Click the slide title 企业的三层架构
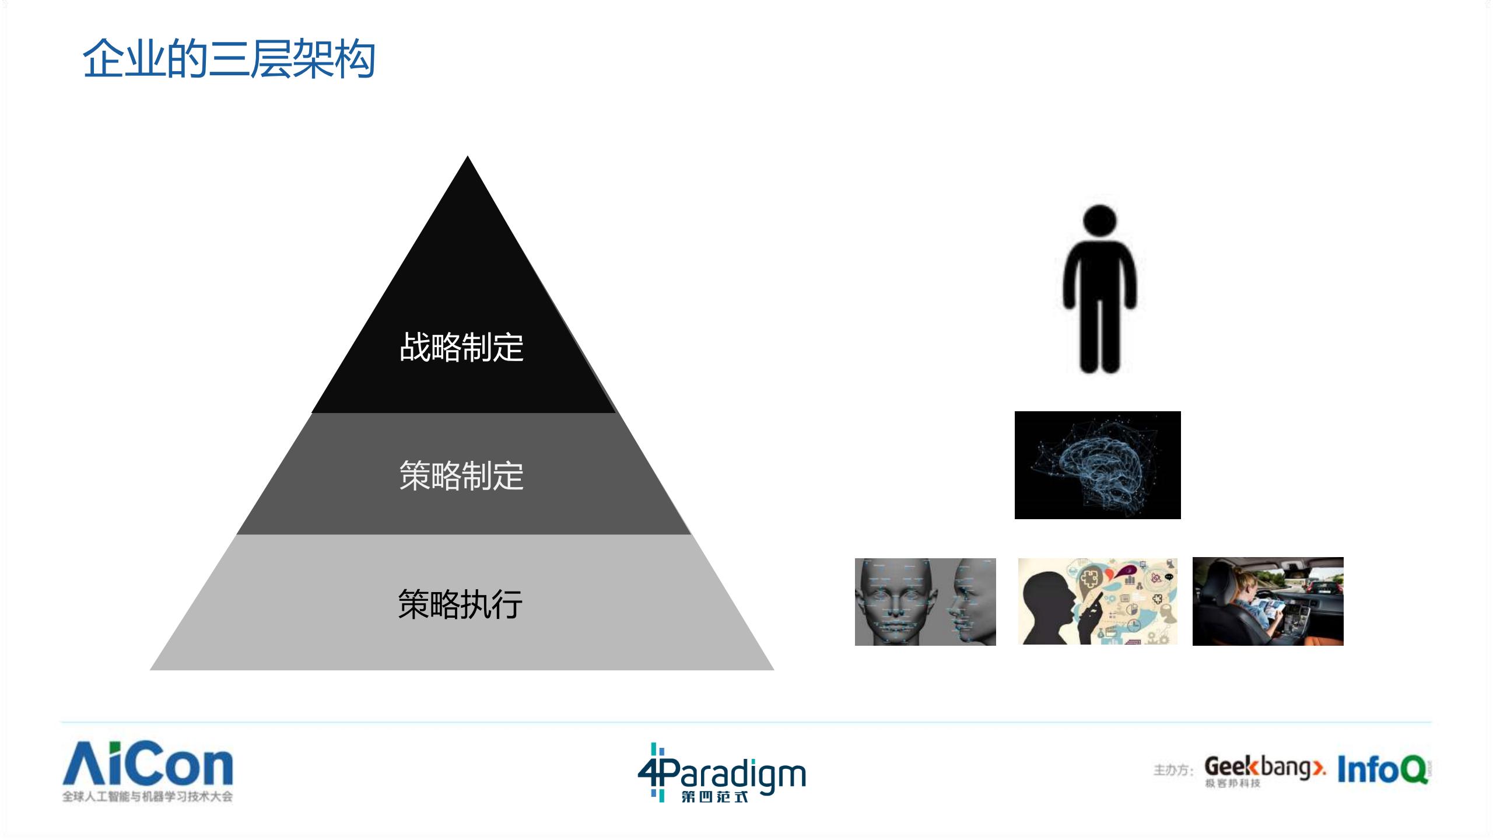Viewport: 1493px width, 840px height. (229, 60)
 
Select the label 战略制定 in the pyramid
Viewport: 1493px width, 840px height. (461, 348)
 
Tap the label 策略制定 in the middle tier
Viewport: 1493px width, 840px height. (461, 475)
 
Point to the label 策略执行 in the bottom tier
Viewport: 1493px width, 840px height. (460, 604)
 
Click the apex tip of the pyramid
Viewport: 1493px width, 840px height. (467, 159)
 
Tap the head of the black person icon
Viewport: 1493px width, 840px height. (1099, 222)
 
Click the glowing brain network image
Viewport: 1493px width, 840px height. (1098, 465)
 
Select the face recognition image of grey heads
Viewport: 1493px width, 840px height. (925, 601)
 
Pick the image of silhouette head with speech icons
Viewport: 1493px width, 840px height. (1097, 601)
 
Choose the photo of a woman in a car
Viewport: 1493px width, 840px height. (1268, 601)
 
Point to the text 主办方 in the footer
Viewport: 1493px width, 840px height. (1173, 771)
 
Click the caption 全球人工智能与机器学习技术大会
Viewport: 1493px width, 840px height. (148, 797)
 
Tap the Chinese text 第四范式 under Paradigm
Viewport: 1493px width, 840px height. (715, 796)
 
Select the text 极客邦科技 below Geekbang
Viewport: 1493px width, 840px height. (1233, 783)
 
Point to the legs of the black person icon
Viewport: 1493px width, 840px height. (1099, 335)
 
